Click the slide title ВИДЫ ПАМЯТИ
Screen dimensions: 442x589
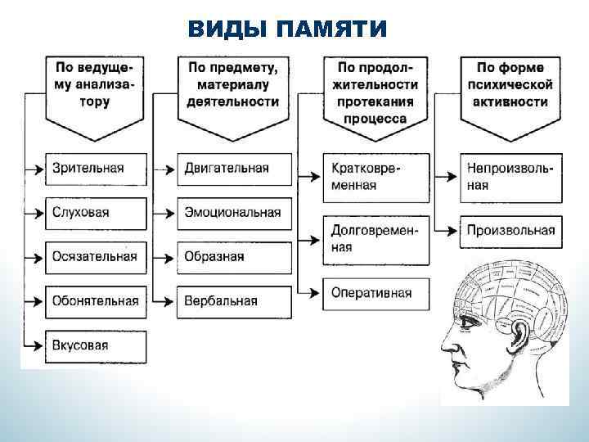287,30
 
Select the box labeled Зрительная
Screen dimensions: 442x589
97,169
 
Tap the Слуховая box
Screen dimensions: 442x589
97,213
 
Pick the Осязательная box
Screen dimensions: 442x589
97,257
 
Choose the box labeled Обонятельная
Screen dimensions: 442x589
97,301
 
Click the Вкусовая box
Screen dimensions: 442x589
97,345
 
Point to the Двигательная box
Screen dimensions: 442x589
234,169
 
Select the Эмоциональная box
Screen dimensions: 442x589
234,213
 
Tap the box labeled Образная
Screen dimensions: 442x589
234,257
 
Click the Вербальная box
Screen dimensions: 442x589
234,301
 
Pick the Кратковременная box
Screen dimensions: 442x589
375,177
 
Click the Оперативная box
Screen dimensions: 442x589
375,292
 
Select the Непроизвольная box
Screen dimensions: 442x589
510,177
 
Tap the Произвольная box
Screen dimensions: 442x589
510,231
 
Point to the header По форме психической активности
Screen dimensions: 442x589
510,86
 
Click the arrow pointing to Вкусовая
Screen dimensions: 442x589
35,345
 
